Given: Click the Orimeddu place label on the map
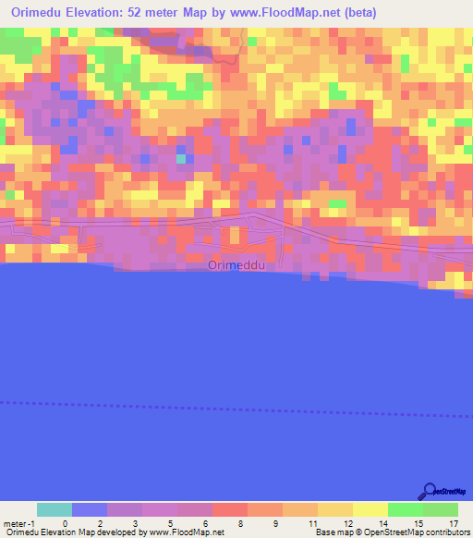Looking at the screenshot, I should (236, 265).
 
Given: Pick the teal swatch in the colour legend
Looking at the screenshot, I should (55, 509).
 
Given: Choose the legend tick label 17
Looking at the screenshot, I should (452, 522).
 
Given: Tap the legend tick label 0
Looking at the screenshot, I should (65, 522).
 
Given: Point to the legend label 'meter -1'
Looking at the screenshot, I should (18, 522).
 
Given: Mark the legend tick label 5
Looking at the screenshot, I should (170, 522).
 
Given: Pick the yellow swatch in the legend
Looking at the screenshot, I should (370, 509).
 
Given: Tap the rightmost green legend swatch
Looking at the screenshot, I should (440, 509).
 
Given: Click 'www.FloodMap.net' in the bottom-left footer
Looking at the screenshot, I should (186, 532).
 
